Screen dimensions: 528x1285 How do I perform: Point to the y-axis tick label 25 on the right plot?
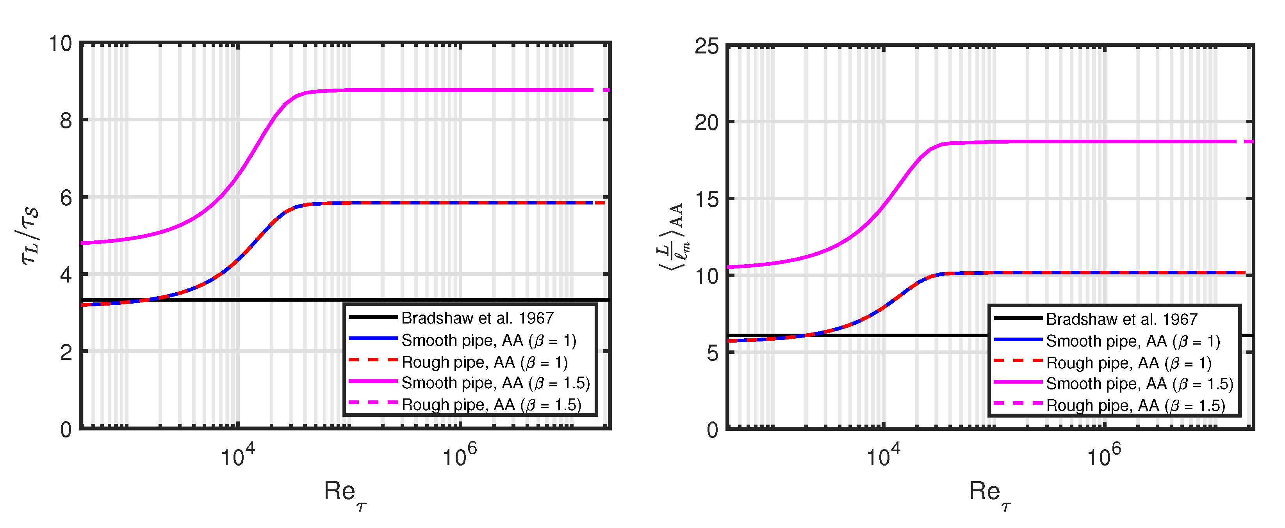[706, 46]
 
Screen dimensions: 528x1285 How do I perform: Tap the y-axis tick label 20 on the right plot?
[706, 123]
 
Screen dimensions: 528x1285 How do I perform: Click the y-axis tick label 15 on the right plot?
[706, 199]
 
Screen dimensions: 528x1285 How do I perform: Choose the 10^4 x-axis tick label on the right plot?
[884, 455]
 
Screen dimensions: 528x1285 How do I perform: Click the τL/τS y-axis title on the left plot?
[30, 236]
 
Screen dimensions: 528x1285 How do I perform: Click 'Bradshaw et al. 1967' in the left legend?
[478, 318]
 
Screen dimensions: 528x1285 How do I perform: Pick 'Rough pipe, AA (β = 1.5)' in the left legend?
[491, 405]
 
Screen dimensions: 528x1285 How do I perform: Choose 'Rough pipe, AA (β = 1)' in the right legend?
[1128, 363]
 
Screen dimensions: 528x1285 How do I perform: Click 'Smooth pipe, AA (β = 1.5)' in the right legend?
[1139, 384]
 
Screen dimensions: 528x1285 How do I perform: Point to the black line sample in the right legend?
[1018, 318]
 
